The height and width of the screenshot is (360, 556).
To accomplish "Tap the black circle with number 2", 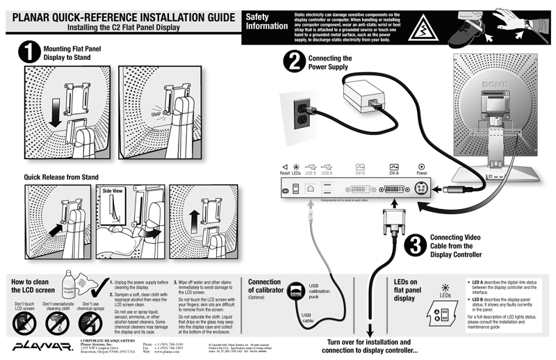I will pyautogui.click(x=293, y=63).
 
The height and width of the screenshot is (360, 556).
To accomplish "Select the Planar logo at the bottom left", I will pyautogui.click(x=35, y=345).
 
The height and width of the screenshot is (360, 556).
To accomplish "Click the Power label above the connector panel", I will pyautogui.click(x=422, y=173).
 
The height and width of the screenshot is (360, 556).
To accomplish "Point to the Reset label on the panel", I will pyautogui.click(x=285, y=173).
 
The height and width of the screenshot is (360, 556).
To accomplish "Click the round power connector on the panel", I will pyautogui.click(x=422, y=188).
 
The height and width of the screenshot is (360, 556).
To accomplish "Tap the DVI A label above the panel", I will pyautogui.click(x=394, y=173).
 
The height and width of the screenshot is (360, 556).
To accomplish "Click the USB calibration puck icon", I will pyautogui.click(x=296, y=294).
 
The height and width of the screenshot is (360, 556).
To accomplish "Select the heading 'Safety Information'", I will pyautogui.click(x=267, y=22).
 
